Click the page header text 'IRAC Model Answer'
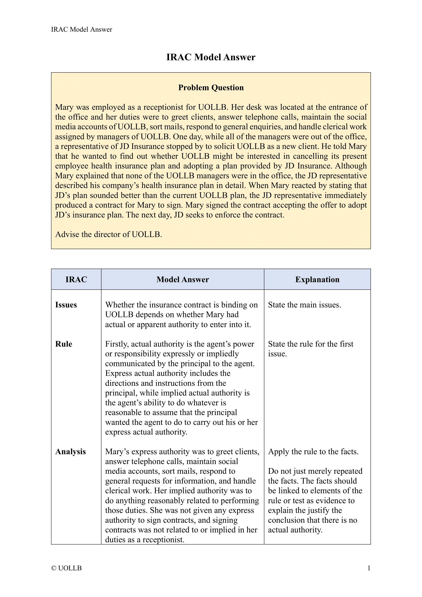pos(81,29)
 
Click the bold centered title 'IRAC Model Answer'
pos(211,57)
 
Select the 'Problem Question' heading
pos(211,88)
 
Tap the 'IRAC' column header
pos(76,279)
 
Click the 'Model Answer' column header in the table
pos(183,279)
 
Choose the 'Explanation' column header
pos(317,279)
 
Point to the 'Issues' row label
pos(66,305)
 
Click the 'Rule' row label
pos(64,344)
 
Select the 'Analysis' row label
pos(70,452)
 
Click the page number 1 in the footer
pos(369,568)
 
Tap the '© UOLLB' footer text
pos(67,568)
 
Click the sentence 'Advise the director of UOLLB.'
pos(108,235)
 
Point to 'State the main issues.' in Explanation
pos(304,305)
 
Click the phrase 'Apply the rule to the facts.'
pos(313,452)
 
